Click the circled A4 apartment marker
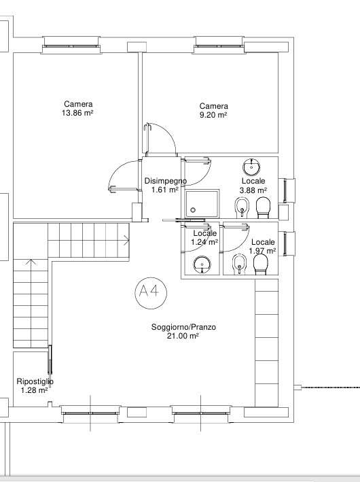pos(151,292)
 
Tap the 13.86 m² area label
pos(77,113)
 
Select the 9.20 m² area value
pos(213,115)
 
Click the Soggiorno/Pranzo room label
pos(183,327)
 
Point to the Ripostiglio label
pos(35,381)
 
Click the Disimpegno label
pos(166,181)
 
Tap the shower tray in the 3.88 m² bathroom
pos(202,203)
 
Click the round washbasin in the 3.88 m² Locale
pos(252,167)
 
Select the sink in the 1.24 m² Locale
pos(202,264)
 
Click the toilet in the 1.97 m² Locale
pos(260,264)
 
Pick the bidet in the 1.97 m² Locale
pos(239,264)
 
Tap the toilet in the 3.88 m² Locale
pos(264,207)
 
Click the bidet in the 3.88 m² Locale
pos(242,207)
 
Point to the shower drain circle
pos(193,210)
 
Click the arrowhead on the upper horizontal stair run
pos(127,240)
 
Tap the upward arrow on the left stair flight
pos(31,262)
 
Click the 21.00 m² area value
pos(183,336)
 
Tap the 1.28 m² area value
pos(34,390)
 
